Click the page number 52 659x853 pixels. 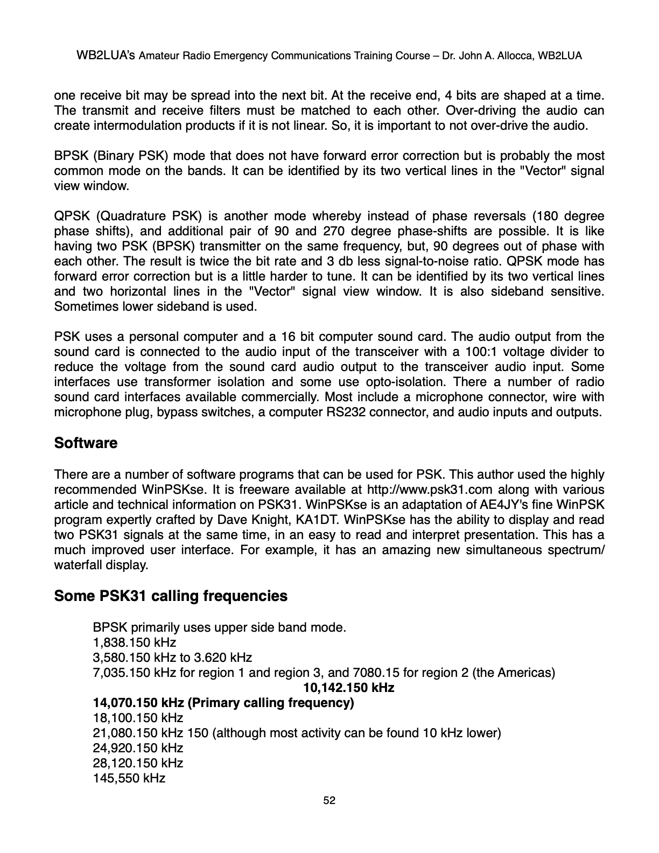point(329,801)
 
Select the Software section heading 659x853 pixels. point(86,443)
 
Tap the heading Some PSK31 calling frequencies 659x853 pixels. point(171,596)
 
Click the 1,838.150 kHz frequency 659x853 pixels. point(135,642)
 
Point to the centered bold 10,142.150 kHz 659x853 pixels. point(349,688)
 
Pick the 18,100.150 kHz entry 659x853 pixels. point(138,718)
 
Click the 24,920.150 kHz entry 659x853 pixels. point(138,748)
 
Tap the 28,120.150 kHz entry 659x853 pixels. point(138,763)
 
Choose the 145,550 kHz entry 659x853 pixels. point(129,778)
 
